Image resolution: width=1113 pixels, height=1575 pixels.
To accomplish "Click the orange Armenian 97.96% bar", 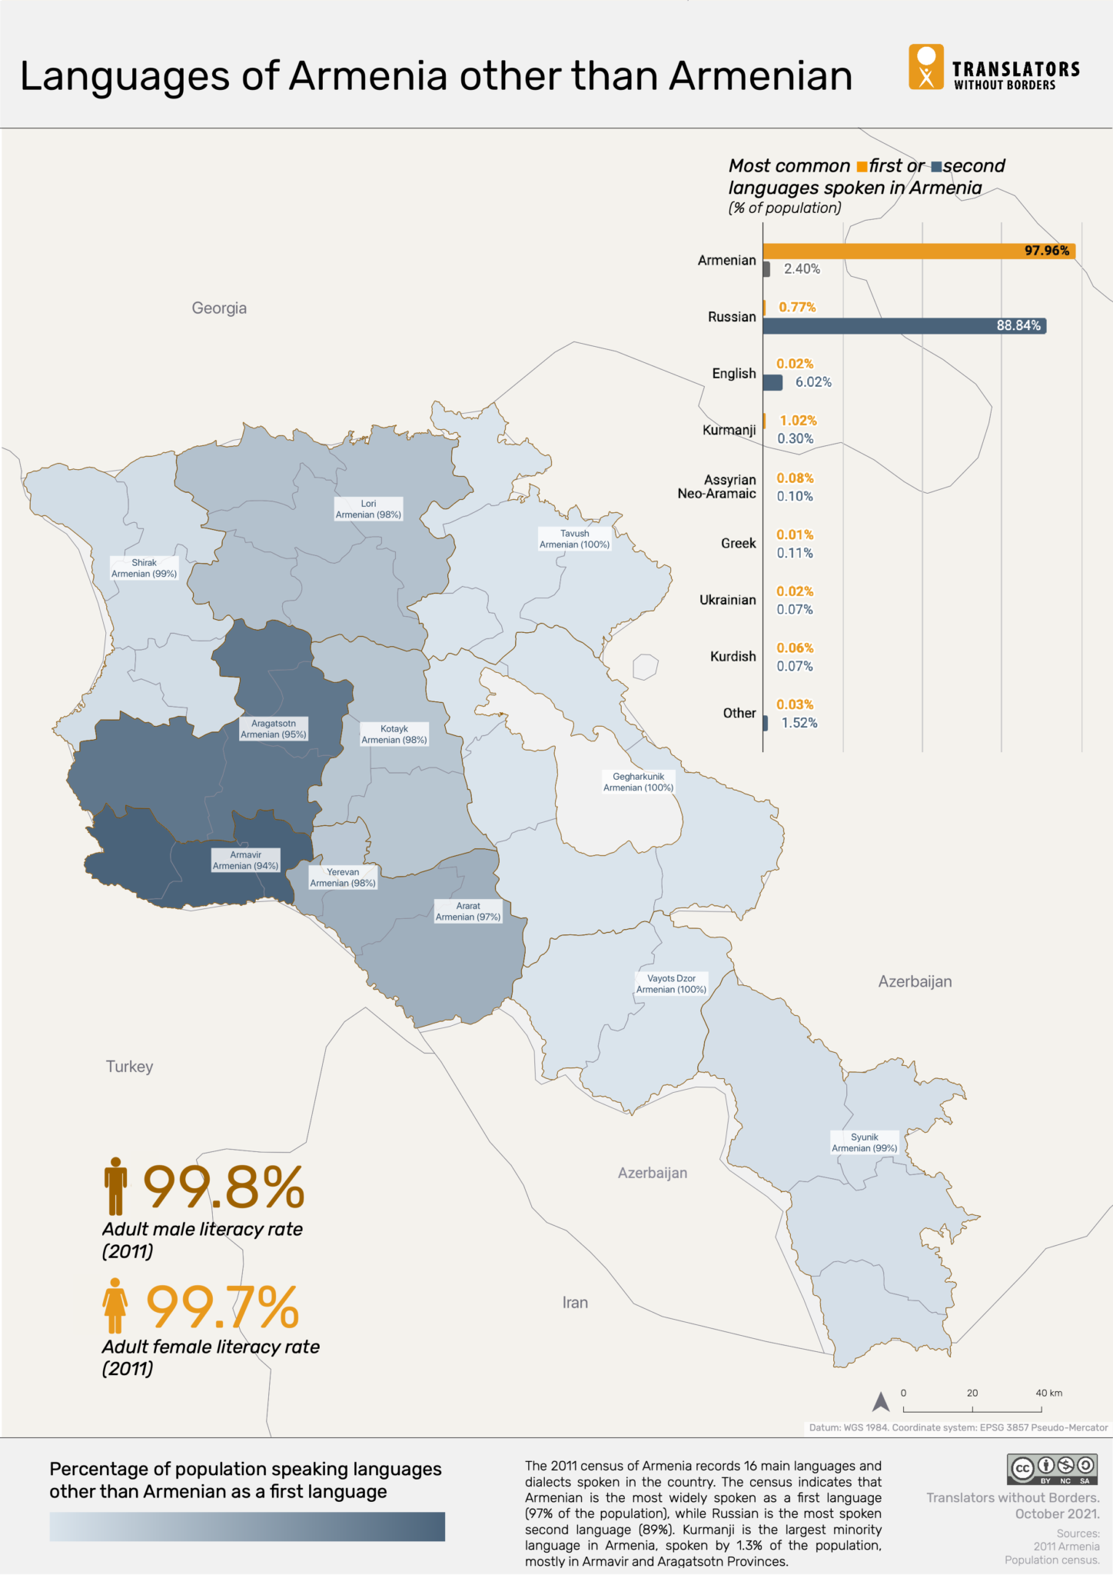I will pyautogui.click(x=919, y=251).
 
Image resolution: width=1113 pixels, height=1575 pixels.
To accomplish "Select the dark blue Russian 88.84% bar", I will pyautogui.click(x=904, y=326).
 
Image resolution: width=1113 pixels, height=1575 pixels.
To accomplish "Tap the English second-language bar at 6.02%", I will pyautogui.click(x=773, y=382).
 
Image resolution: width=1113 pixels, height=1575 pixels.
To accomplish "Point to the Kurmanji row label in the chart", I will pyautogui.click(x=729, y=430).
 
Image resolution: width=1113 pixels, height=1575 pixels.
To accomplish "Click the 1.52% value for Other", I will pyautogui.click(x=799, y=723).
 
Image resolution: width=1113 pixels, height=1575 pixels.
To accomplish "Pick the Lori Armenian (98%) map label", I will pyautogui.click(x=368, y=509).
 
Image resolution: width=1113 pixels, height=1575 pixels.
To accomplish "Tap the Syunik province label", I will pyautogui.click(x=864, y=1143).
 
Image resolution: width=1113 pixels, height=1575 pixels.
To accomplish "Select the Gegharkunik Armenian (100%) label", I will pyautogui.click(x=638, y=782).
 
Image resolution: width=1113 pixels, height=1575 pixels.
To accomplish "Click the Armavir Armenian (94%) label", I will pyautogui.click(x=245, y=861).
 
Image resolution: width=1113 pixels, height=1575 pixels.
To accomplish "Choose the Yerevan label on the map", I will pyautogui.click(x=343, y=877).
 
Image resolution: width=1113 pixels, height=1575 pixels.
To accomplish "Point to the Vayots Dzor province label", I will pyautogui.click(x=671, y=984).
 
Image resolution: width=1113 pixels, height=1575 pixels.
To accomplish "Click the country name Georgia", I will pyautogui.click(x=219, y=308).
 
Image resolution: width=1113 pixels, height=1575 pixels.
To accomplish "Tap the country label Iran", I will pyautogui.click(x=575, y=1303).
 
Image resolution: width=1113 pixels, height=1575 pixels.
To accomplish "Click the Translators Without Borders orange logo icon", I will pyautogui.click(x=926, y=67).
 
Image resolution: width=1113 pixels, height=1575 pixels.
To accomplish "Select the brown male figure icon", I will pyautogui.click(x=115, y=1186).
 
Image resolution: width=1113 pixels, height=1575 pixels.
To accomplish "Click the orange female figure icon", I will pyautogui.click(x=115, y=1305).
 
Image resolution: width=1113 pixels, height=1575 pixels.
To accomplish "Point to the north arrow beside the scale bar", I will pyautogui.click(x=881, y=1403).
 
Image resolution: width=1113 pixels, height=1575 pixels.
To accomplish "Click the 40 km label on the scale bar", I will pyautogui.click(x=1048, y=1394).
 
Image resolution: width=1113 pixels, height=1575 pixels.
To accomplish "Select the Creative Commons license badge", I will pyautogui.click(x=1052, y=1470).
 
